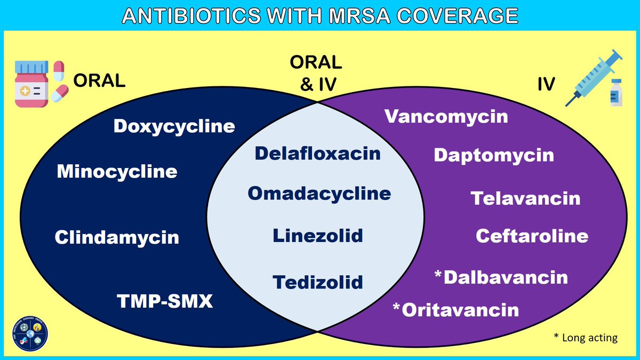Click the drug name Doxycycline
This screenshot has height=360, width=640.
pos(174,126)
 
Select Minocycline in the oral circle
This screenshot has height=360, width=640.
pos(117,172)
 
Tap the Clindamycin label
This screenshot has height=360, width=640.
pos(117,237)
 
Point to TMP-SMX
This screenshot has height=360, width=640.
pos(165,302)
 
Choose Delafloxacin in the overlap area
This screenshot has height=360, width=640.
pos(317,154)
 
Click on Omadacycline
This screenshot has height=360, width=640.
pos(319,193)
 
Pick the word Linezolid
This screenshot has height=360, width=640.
pos(317,235)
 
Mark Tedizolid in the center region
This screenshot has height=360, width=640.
pos(317,282)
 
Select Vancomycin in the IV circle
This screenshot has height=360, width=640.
pos(446,116)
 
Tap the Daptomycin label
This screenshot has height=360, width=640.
pos(493,155)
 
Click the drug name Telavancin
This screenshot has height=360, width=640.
pos(525,198)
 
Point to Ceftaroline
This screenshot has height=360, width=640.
pos(532,236)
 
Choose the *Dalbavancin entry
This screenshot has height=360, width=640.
pos(501,277)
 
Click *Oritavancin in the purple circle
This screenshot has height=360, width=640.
pos(455,309)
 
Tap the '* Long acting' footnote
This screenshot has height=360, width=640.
pos(585,338)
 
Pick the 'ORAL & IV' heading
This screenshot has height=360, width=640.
pos(315,73)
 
